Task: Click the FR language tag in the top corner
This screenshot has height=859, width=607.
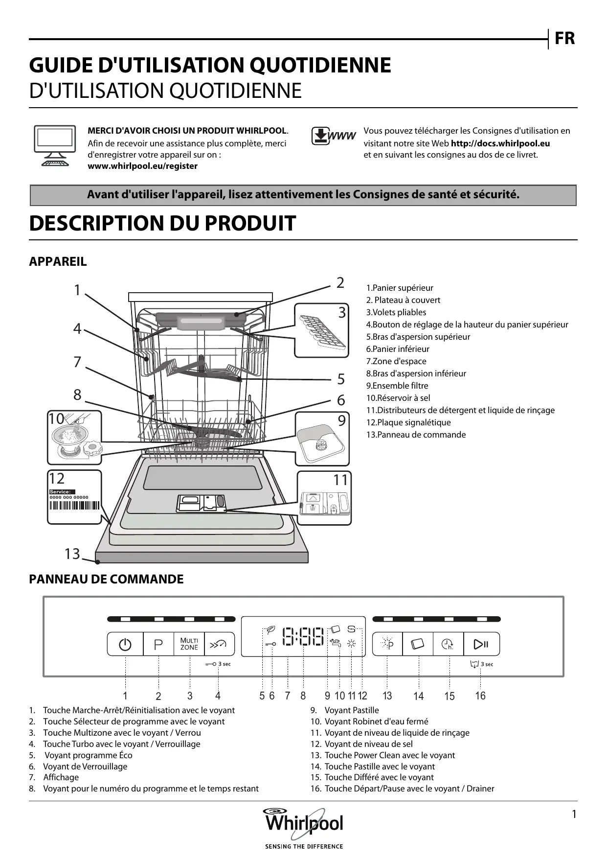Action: click(564, 38)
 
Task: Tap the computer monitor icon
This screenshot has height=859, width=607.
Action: click(55, 145)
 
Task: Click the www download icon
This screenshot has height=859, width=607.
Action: click(334, 136)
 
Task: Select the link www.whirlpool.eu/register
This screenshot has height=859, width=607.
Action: click(142, 166)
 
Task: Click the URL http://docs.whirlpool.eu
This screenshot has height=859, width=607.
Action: click(500, 143)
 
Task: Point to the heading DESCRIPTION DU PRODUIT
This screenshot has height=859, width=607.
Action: click(162, 223)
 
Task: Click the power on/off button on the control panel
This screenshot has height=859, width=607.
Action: click(125, 644)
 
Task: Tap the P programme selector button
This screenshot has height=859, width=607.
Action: click(158, 644)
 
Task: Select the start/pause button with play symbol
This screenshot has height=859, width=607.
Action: click(481, 644)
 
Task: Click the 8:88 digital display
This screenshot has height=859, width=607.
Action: click(303, 637)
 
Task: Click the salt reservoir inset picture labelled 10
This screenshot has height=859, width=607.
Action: click(74, 437)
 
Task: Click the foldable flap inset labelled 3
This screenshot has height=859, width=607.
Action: click(321, 330)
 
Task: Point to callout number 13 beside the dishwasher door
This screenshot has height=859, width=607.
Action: click(72, 554)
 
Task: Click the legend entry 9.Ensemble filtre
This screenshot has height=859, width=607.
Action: click(397, 386)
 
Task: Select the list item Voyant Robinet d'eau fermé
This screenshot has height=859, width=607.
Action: click(376, 721)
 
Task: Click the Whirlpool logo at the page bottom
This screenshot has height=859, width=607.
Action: click(304, 822)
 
